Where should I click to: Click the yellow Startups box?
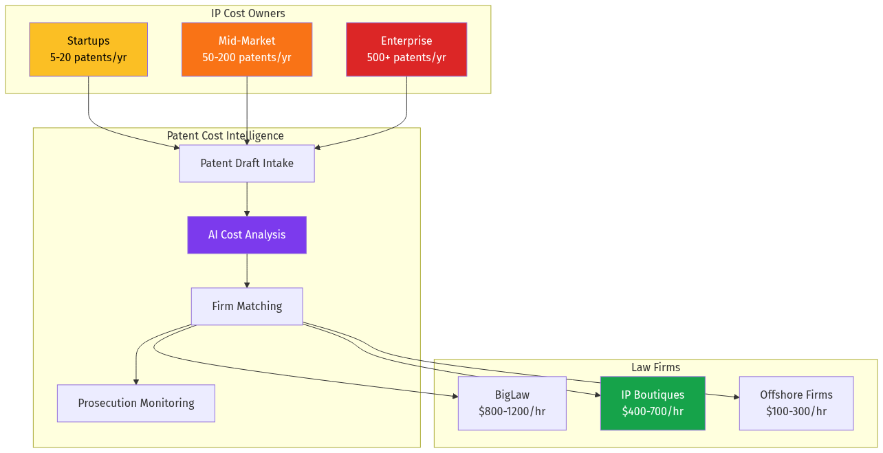click(x=88, y=49)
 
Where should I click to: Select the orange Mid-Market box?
click(x=246, y=49)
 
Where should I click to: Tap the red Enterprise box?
click(x=406, y=49)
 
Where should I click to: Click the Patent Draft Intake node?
click(x=246, y=164)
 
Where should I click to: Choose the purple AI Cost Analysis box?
click(x=246, y=235)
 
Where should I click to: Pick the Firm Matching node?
click(x=246, y=306)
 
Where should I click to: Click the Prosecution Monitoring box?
click(x=135, y=404)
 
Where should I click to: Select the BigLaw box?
click(x=512, y=404)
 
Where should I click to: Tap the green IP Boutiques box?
click(x=652, y=404)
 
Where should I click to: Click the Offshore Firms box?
click(x=796, y=404)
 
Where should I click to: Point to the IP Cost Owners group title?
click(x=248, y=13)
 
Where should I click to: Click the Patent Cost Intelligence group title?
click(x=225, y=135)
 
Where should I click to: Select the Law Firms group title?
click(x=655, y=367)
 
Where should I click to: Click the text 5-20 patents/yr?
click(x=88, y=57)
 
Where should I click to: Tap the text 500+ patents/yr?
click(x=406, y=57)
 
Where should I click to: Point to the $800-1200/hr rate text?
click(x=512, y=412)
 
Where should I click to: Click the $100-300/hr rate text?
click(x=796, y=412)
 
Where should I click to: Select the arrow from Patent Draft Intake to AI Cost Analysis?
click(x=247, y=199)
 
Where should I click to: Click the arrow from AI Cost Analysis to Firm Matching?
click(x=247, y=271)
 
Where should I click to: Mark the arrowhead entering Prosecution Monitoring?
click(x=136, y=381)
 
